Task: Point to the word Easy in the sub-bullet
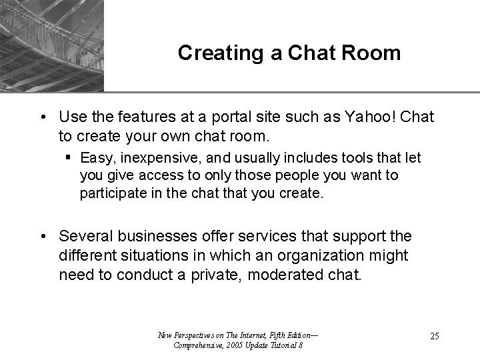(96, 158)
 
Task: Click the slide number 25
(433, 336)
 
